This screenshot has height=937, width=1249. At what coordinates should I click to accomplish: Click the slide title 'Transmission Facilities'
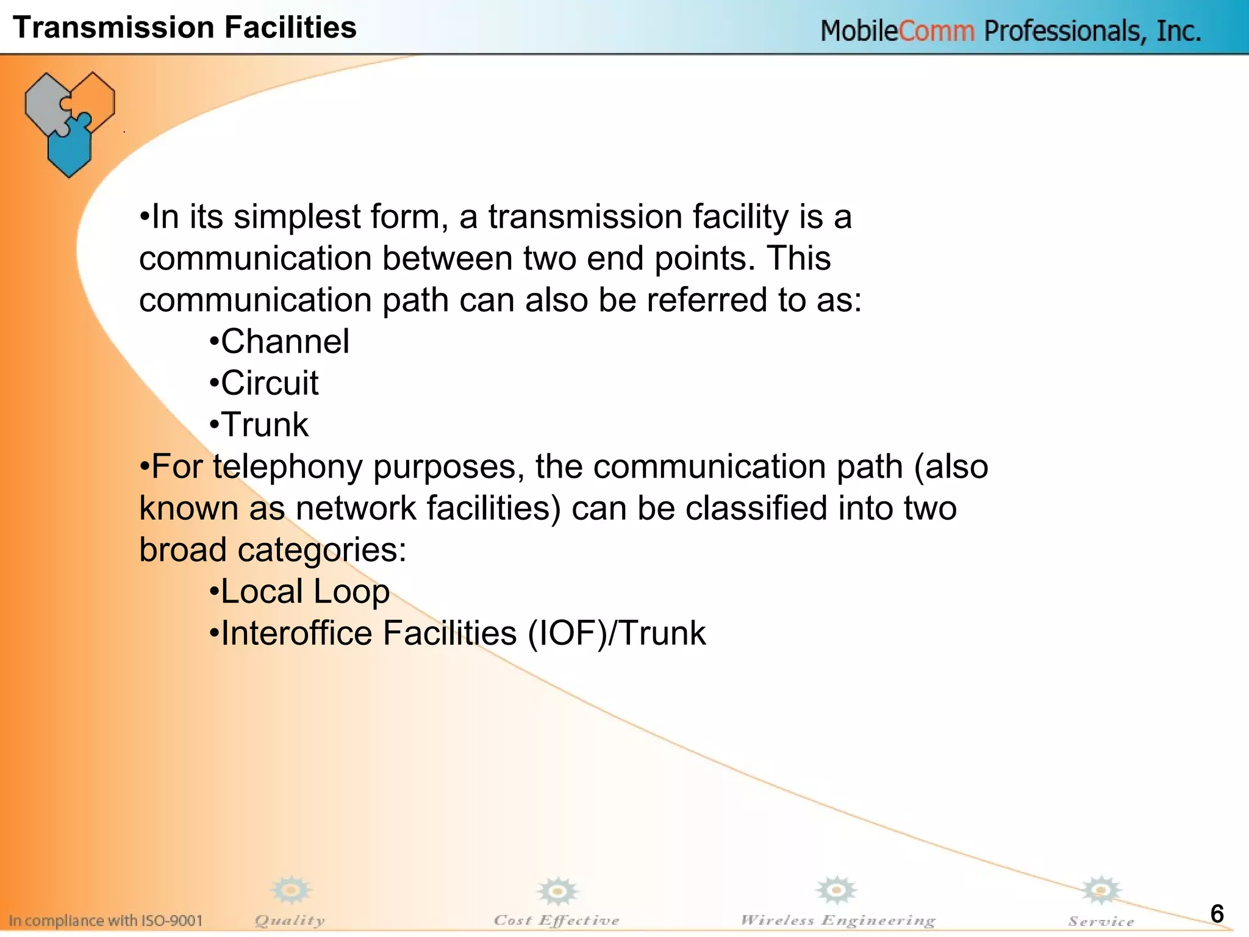coord(184,27)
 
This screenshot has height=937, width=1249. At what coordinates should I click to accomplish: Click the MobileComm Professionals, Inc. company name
coord(1011,31)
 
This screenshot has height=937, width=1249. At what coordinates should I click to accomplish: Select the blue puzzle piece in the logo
coord(70,146)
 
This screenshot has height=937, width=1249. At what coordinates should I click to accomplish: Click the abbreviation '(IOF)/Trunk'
coord(616,633)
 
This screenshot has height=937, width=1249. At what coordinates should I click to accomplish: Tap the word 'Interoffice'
coord(296,633)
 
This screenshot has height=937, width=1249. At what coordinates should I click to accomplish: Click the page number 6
coord(1217,913)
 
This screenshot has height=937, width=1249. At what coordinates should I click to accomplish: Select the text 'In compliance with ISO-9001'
coord(106,920)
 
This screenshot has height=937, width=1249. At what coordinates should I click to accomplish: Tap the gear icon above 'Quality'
coord(291,891)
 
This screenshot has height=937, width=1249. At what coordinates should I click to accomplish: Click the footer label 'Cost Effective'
coord(556,920)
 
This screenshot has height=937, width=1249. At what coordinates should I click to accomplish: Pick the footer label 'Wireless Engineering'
coord(838,920)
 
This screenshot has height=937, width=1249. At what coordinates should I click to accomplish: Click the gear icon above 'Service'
coord(1100,891)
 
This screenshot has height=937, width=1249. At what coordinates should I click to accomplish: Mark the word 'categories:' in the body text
coord(321,550)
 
